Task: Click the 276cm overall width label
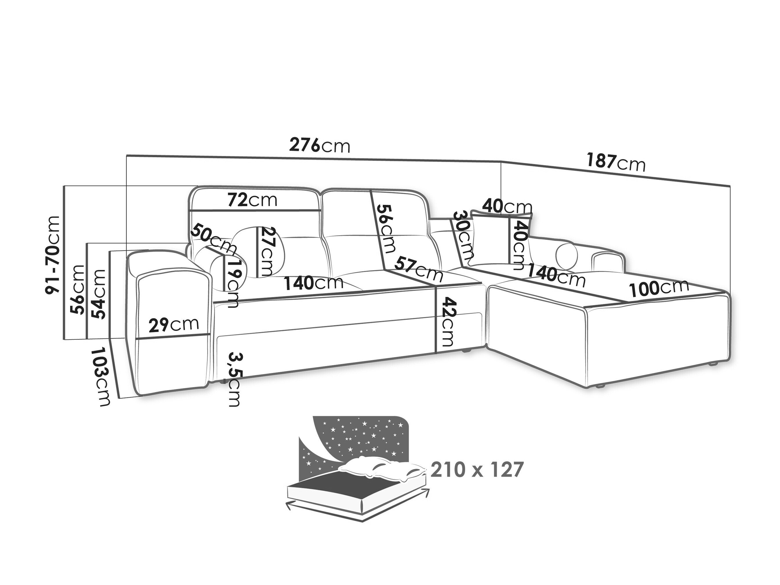pyautogui.click(x=320, y=145)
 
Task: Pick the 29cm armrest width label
pyautogui.click(x=173, y=325)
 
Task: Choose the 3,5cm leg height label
pyautogui.click(x=234, y=379)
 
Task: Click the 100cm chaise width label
pyautogui.click(x=659, y=287)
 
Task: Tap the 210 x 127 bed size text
pyautogui.click(x=477, y=470)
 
